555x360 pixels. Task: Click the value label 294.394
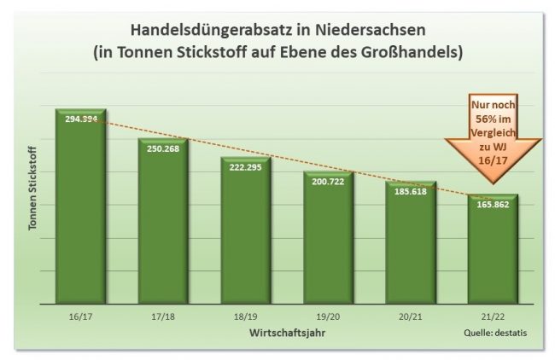pos(80,119)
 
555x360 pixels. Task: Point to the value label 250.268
pos(163,148)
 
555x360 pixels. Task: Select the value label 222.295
pos(245,166)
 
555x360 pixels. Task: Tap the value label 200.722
pos(328,181)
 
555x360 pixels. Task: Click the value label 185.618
pos(411,191)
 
